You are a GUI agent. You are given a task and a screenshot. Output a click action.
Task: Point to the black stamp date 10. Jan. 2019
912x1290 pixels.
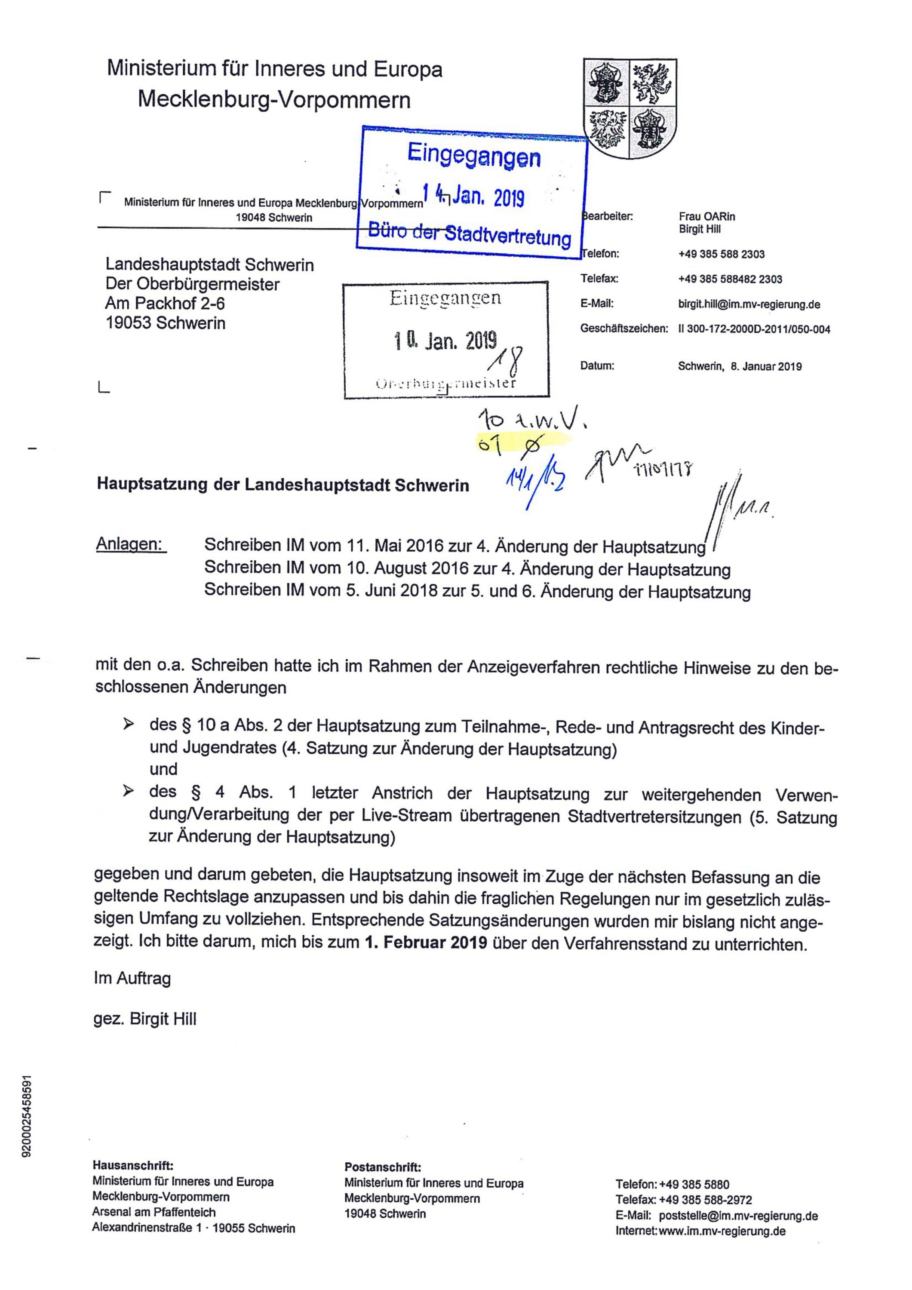coord(445,341)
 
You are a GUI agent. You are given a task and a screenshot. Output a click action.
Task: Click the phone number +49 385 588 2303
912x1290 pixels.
coord(722,254)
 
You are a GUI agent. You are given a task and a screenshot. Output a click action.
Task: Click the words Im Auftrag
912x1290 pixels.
coord(132,978)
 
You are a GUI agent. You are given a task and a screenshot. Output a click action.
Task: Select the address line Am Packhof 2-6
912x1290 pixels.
coord(165,304)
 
